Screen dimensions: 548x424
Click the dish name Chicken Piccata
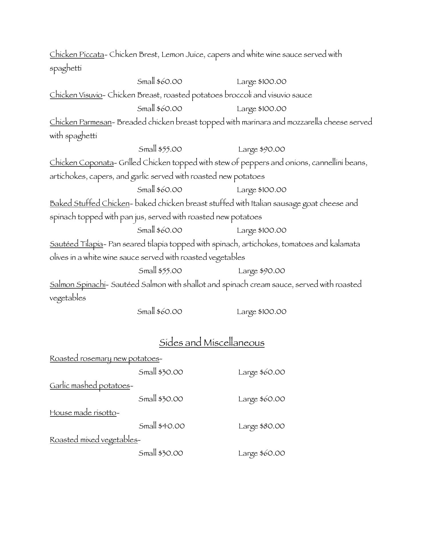[77, 54]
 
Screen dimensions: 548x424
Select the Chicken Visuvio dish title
[76, 95]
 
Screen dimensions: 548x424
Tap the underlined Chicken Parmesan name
[81, 122]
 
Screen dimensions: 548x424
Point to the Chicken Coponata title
[82, 163]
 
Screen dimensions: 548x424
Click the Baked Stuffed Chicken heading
[90, 203]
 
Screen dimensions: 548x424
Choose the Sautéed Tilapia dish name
[76, 244]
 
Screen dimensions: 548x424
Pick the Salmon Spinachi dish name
[77, 285]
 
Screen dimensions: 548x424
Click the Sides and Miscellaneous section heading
[212, 342]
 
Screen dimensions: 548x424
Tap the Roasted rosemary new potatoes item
[105, 358]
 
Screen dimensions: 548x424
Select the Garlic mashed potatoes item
[90, 386]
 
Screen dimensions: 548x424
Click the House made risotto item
[83, 413]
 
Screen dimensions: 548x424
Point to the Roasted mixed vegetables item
[94, 440]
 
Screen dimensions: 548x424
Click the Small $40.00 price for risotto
[162, 426]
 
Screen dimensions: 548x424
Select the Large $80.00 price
[262, 426]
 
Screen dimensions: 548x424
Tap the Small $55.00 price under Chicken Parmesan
[160, 149]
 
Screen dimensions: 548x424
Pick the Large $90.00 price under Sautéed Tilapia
[262, 271]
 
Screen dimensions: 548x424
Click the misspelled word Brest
[149, 54]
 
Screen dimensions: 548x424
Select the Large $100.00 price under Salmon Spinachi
[262, 311]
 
